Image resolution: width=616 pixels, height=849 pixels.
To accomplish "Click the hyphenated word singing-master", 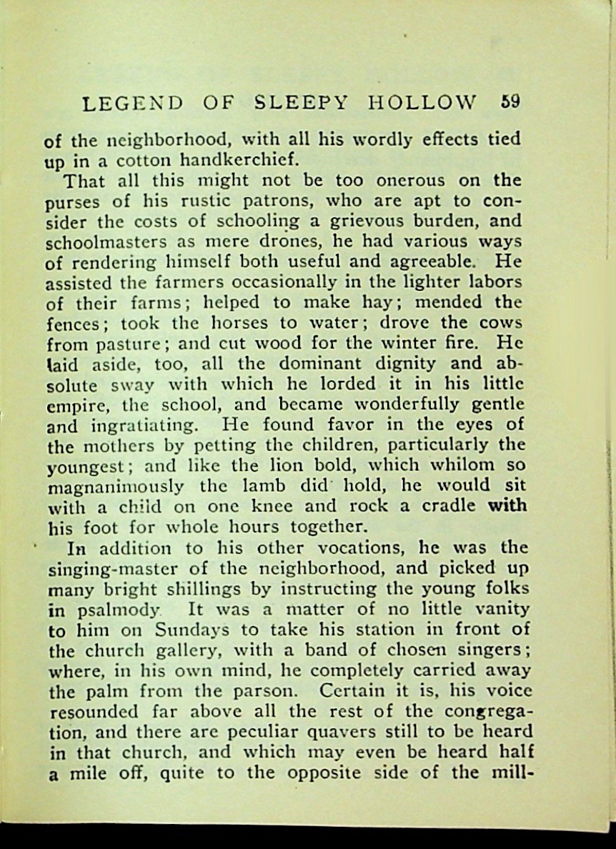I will [116, 569].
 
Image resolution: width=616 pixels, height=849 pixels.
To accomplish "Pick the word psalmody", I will [113, 610].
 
